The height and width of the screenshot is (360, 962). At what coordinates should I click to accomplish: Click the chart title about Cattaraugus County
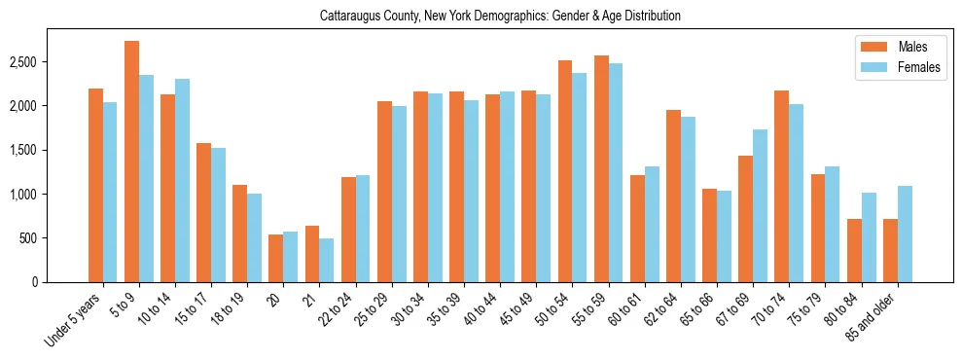pos(500,16)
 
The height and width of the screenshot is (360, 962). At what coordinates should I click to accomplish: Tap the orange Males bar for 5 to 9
pos(131,162)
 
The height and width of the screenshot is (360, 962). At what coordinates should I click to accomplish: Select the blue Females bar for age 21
pos(327,260)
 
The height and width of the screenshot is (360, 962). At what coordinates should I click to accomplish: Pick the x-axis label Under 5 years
pos(72,321)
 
